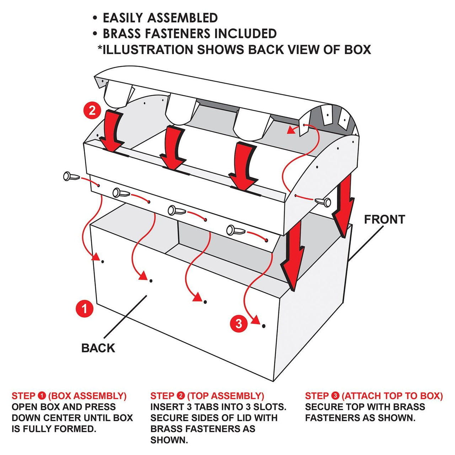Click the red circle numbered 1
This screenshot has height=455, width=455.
[84, 308]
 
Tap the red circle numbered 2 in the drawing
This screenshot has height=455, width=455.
[92, 110]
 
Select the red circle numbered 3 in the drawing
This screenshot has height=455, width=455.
[239, 323]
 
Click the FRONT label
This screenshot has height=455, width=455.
[384, 219]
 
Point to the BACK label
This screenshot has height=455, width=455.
[98, 348]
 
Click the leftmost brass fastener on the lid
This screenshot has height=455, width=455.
[69, 176]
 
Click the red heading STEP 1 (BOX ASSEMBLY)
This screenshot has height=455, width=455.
[69, 396]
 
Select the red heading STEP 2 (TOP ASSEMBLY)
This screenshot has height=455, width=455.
[207, 396]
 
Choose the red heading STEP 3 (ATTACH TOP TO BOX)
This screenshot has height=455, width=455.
[374, 396]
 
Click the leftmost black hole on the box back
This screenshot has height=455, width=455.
[103, 262]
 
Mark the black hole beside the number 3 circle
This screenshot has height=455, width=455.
[263, 326]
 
